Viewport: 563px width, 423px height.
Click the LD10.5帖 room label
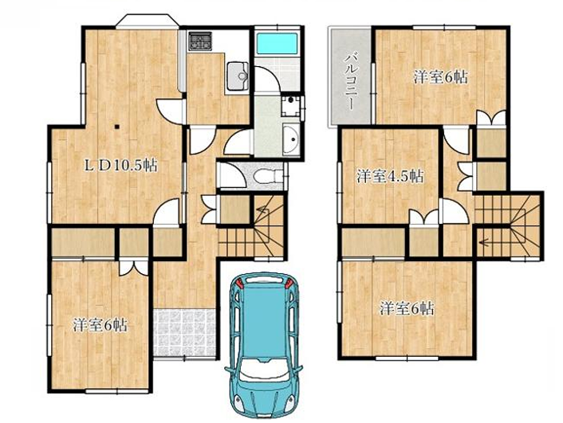pos(120,166)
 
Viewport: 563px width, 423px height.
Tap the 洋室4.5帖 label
pos(390,176)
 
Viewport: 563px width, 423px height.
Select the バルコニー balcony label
pos(350,81)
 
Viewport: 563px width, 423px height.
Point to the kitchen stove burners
pos(200,41)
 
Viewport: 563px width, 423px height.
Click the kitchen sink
pos(238,76)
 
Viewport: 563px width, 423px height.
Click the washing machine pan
pos(290,105)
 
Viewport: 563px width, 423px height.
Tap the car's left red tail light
pos(239,284)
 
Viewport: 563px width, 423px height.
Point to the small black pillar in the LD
pos(116,127)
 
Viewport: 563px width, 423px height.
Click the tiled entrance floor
pos(184,332)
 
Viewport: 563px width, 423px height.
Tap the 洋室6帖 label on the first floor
pos(100,326)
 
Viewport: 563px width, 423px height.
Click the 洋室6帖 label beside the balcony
pos(440,77)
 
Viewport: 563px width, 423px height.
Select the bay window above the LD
pos(148,22)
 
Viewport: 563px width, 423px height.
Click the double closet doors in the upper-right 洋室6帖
pos(491,118)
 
